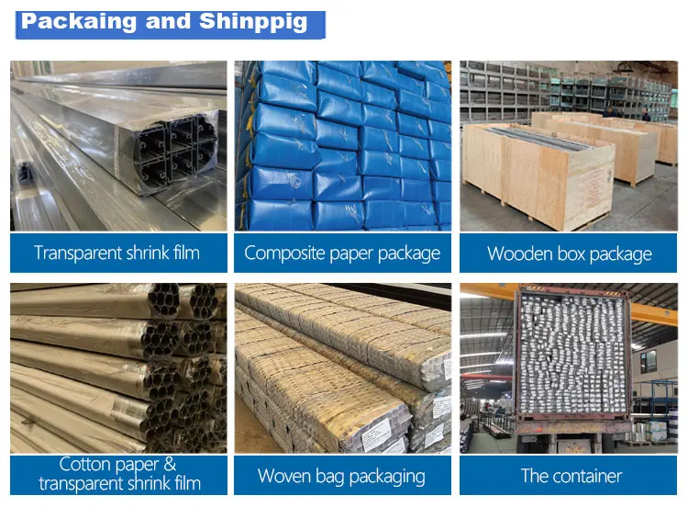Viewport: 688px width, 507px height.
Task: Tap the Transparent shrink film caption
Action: pyautogui.click(x=117, y=253)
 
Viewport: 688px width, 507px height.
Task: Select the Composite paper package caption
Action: pyautogui.click(x=342, y=253)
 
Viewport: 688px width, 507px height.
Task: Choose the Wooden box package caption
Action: pyautogui.click(x=569, y=253)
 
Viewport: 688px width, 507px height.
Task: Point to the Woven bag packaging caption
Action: pyautogui.click(x=341, y=476)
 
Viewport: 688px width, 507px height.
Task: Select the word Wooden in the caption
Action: pyautogui.click(x=520, y=253)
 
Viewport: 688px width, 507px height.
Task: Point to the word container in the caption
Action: pyautogui.click(x=587, y=476)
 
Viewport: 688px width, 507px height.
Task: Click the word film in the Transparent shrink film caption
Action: pyautogui.click(x=183, y=253)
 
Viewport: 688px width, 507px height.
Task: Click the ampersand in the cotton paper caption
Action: pyautogui.click(x=168, y=465)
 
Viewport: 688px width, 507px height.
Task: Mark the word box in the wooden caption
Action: pyautogui.click(x=572, y=253)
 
